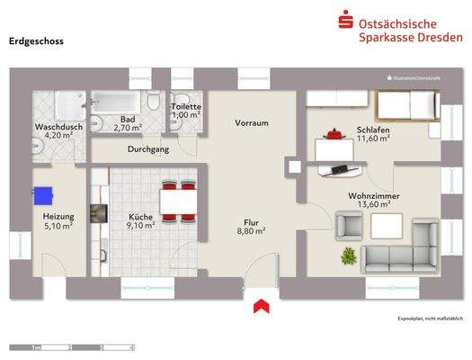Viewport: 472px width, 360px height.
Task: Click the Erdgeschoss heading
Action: pyautogui.click(x=36, y=40)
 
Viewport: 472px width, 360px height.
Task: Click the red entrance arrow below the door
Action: pyautogui.click(x=262, y=307)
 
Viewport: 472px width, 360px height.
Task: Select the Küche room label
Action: pyautogui.click(x=140, y=217)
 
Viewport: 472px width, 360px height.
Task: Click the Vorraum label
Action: pyautogui.click(x=253, y=123)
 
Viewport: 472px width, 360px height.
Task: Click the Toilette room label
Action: pyautogui.click(x=186, y=106)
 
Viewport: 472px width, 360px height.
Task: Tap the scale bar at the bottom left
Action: pyautogui.click(x=72, y=346)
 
